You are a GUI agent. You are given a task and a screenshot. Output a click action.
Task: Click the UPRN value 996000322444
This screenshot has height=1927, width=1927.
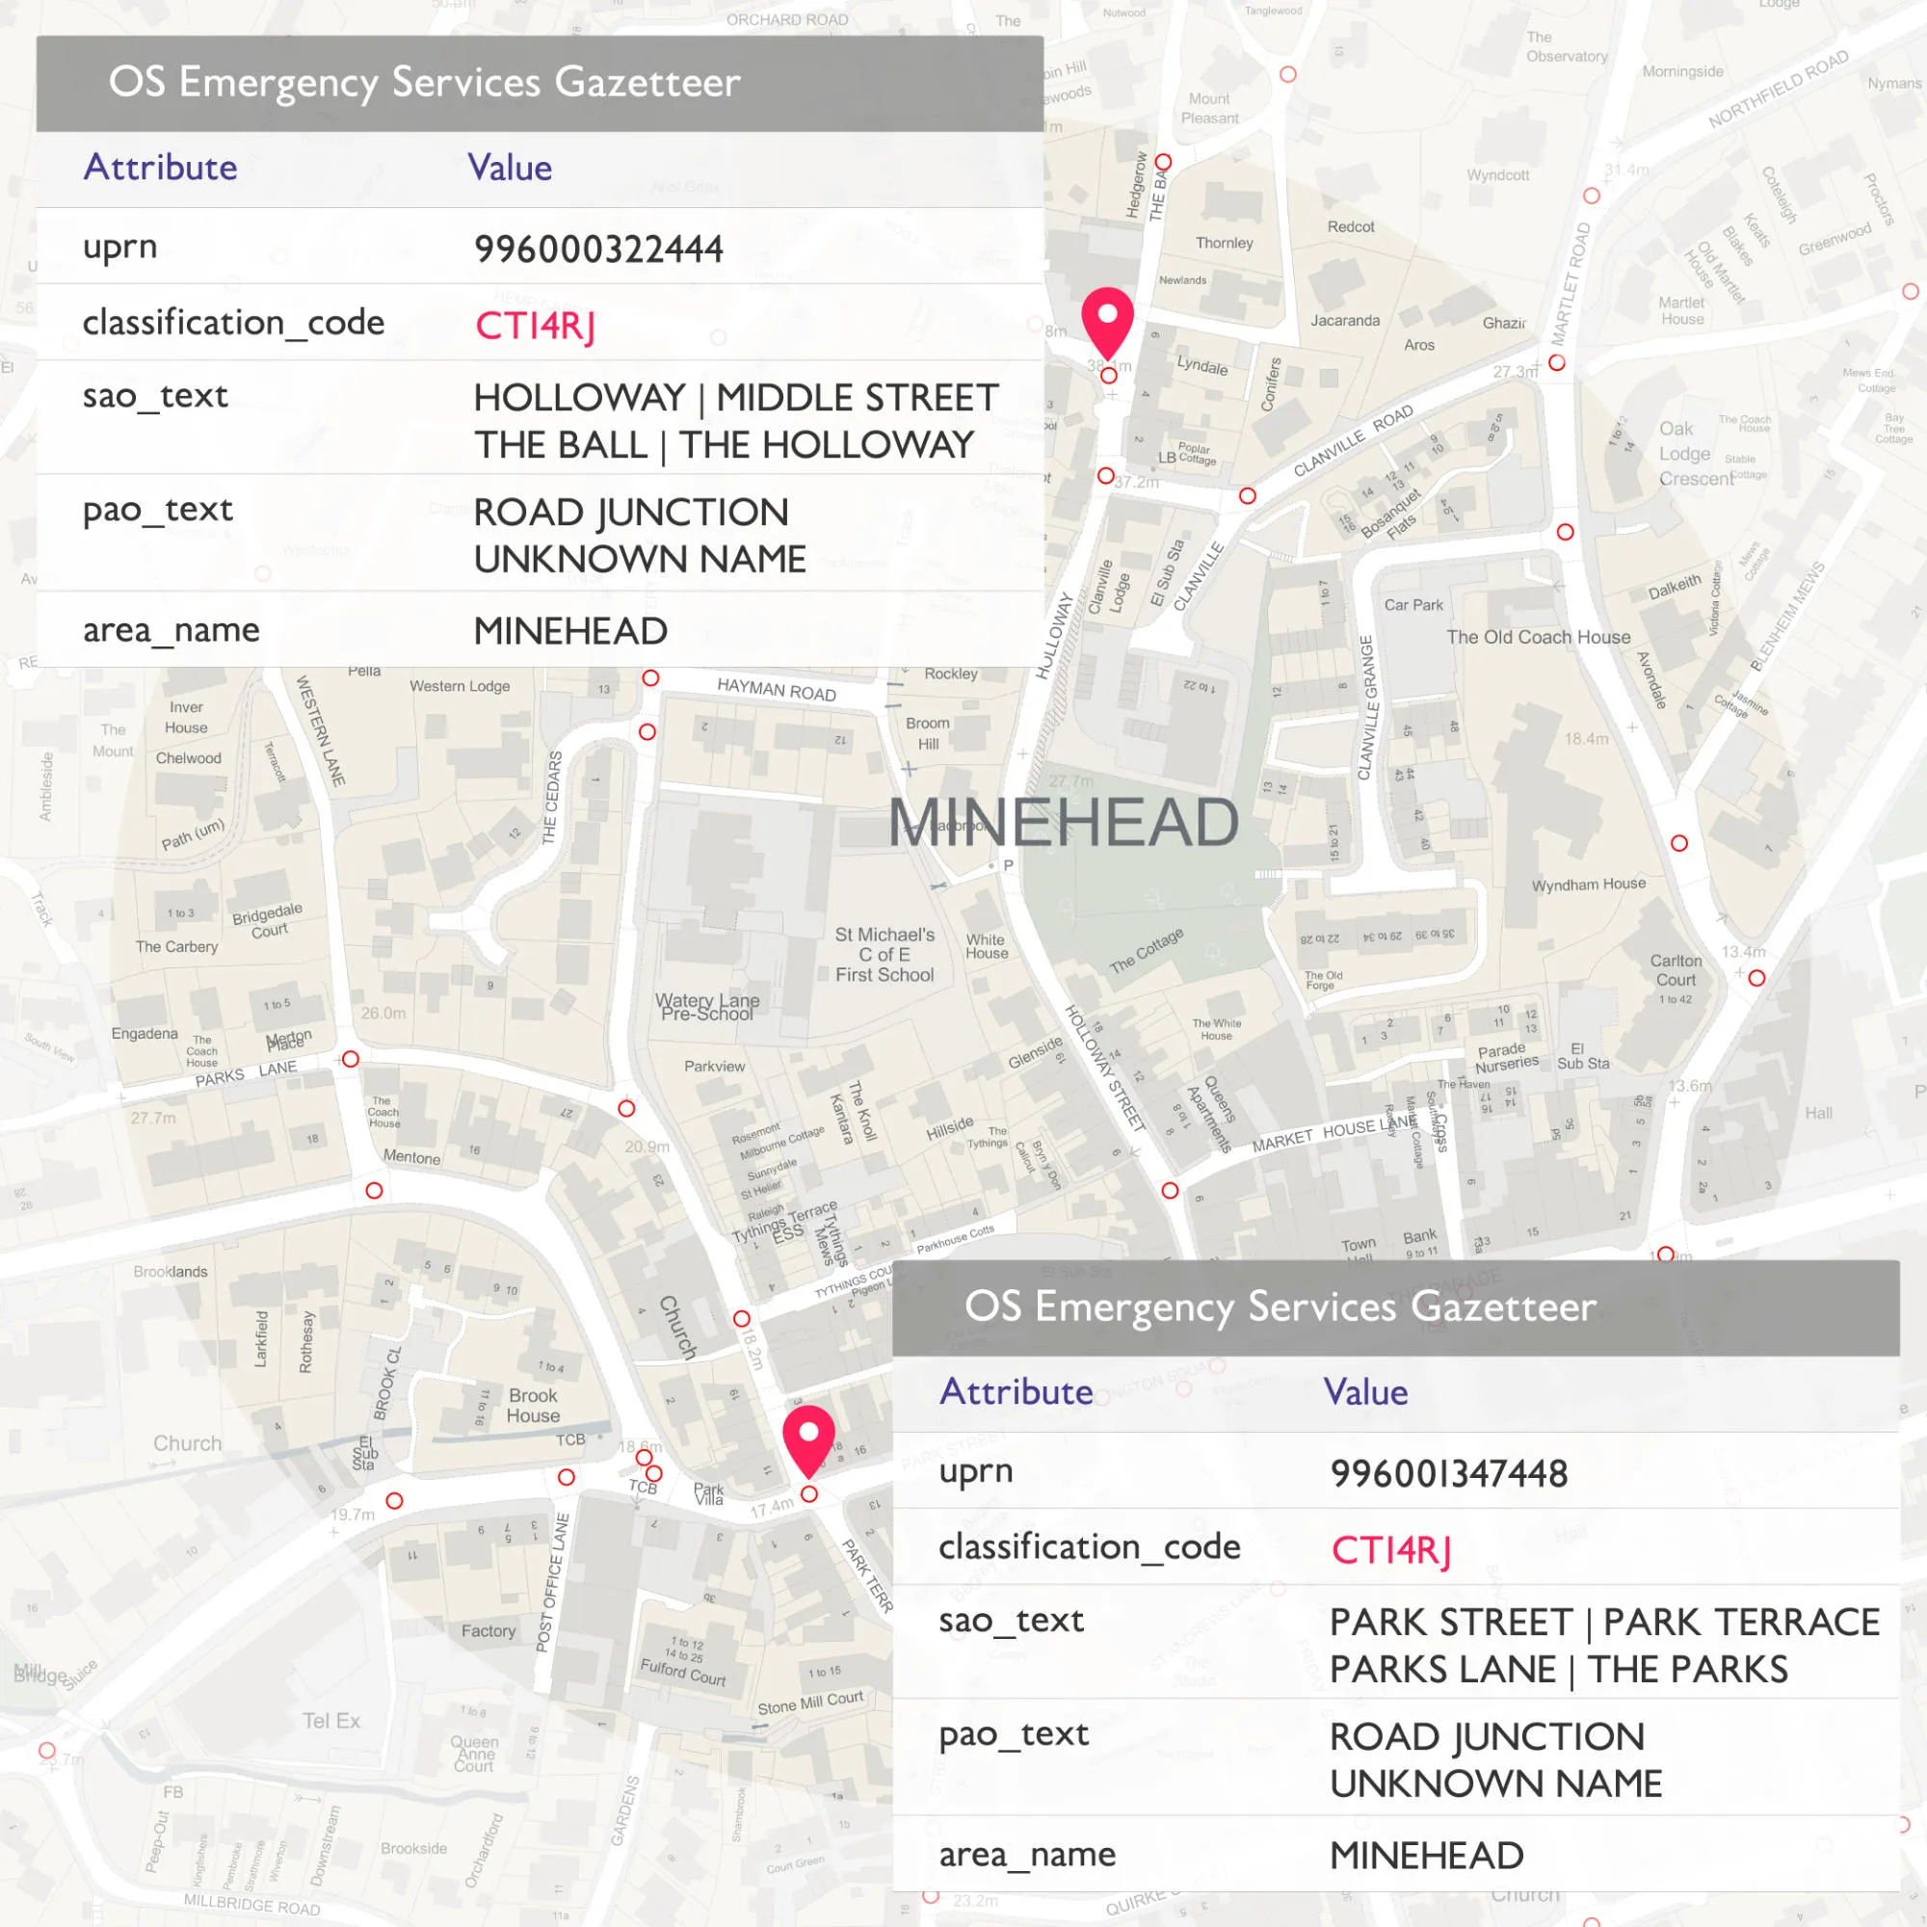598,250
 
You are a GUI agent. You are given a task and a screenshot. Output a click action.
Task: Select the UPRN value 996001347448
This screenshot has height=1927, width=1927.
1448,1474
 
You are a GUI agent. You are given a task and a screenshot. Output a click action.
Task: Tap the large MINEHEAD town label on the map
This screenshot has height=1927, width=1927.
1064,822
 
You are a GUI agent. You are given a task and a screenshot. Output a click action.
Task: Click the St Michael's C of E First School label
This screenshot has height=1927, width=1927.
884,955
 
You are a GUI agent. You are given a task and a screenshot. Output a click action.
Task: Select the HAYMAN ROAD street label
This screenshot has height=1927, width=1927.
776,688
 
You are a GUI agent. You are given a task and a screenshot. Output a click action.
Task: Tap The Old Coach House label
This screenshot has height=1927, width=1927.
1538,637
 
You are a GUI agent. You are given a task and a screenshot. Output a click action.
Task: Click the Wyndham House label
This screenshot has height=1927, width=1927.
1588,884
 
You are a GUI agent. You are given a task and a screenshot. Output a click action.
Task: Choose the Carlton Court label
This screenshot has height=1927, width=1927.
1676,969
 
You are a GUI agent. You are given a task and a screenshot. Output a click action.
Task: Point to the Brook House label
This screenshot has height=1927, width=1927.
534,1406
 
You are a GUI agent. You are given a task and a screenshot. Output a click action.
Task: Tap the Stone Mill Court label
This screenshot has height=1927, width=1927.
810,1703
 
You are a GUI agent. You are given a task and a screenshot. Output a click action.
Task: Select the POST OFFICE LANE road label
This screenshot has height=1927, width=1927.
552,1582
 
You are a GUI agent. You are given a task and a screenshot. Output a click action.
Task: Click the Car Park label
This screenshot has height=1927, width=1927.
1413,604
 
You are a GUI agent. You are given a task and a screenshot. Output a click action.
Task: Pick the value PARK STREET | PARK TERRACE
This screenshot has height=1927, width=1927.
1604,1622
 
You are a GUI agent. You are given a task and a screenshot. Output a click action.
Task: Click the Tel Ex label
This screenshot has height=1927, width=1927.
331,1721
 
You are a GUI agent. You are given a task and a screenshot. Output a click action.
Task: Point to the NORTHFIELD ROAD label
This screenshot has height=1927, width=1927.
1779,90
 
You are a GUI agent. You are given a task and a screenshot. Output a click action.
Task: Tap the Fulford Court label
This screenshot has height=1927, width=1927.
683,1672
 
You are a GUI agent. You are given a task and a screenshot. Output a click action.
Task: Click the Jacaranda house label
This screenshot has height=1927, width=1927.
1344,320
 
